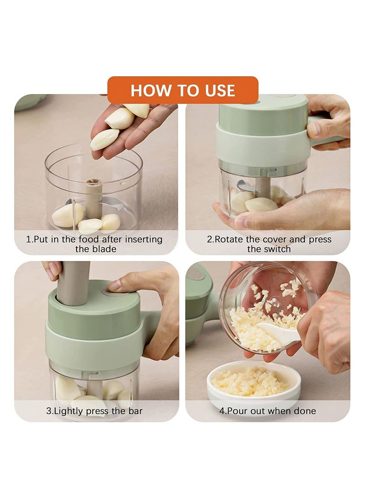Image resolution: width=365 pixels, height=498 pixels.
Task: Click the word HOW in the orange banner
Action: [x=146, y=90]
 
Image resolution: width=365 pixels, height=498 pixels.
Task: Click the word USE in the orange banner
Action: [x=218, y=90]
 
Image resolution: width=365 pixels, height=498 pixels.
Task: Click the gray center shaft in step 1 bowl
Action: [x=94, y=198]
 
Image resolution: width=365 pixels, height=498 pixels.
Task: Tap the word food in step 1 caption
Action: [x=91, y=239]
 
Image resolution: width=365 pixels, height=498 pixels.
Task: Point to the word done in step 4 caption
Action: [x=305, y=411]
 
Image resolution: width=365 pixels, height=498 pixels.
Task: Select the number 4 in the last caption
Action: [x=222, y=411]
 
